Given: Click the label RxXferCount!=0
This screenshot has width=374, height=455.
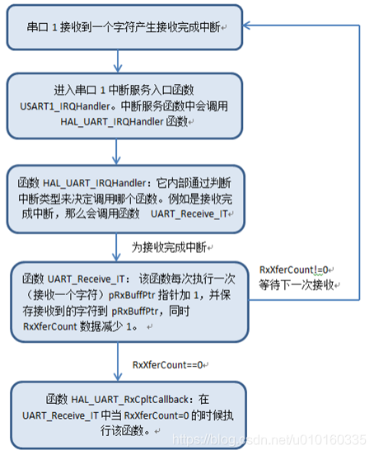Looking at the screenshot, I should tap(294, 270).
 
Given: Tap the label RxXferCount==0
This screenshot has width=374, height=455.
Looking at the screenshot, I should tap(170, 364).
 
